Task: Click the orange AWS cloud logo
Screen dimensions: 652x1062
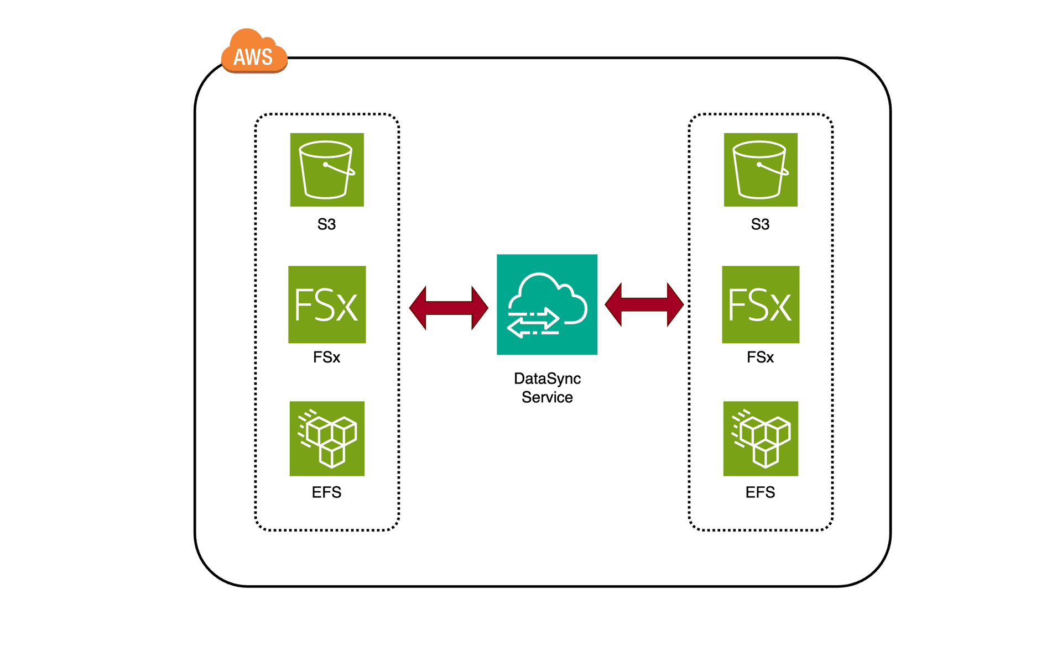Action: click(254, 52)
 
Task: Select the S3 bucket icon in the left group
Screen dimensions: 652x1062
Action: click(327, 170)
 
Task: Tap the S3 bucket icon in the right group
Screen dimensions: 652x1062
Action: click(761, 170)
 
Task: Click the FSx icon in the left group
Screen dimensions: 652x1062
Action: click(327, 304)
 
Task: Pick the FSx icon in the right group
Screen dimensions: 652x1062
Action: click(761, 304)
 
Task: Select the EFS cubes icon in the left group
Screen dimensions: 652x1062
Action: click(327, 439)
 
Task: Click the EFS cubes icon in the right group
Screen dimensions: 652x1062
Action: click(761, 439)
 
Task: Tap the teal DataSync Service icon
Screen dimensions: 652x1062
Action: click(547, 304)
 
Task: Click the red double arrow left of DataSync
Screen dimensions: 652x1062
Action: click(449, 308)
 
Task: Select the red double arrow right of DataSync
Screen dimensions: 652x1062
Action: click(644, 304)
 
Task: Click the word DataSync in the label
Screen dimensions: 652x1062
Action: click(547, 378)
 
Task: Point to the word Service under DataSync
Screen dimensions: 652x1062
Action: click(547, 397)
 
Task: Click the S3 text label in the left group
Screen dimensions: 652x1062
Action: click(326, 224)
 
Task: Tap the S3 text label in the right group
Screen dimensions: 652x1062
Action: click(760, 224)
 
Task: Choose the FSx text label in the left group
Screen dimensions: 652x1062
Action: click(326, 357)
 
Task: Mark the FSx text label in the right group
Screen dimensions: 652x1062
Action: click(760, 357)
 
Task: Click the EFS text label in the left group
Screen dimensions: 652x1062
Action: click(326, 492)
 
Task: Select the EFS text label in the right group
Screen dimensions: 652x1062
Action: click(760, 492)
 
